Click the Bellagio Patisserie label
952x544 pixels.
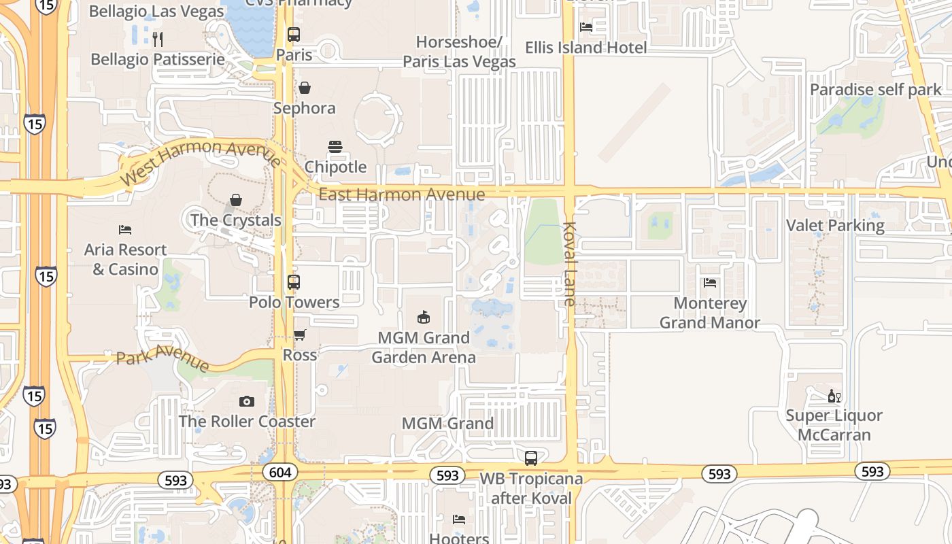(x=158, y=59)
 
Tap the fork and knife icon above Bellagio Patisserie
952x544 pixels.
(x=158, y=39)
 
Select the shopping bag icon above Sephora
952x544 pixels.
(x=305, y=88)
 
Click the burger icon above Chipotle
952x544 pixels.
(x=335, y=147)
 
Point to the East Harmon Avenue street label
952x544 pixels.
(x=401, y=195)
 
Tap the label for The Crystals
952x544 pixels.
(x=235, y=220)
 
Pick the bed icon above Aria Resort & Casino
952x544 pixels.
(x=125, y=230)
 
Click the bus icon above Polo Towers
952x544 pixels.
(x=294, y=282)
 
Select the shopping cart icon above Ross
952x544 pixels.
(x=299, y=335)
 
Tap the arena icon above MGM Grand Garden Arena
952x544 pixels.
(x=424, y=317)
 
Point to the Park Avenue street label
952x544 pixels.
(x=163, y=357)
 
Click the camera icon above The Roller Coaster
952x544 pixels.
(x=247, y=401)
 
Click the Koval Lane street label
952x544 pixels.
(x=569, y=264)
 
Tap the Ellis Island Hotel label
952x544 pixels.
(x=585, y=48)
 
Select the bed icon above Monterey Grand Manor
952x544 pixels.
(x=710, y=283)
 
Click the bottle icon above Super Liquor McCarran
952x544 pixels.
(x=834, y=396)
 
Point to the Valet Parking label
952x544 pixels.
(x=835, y=226)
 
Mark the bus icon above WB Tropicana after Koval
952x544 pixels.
(x=531, y=458)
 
